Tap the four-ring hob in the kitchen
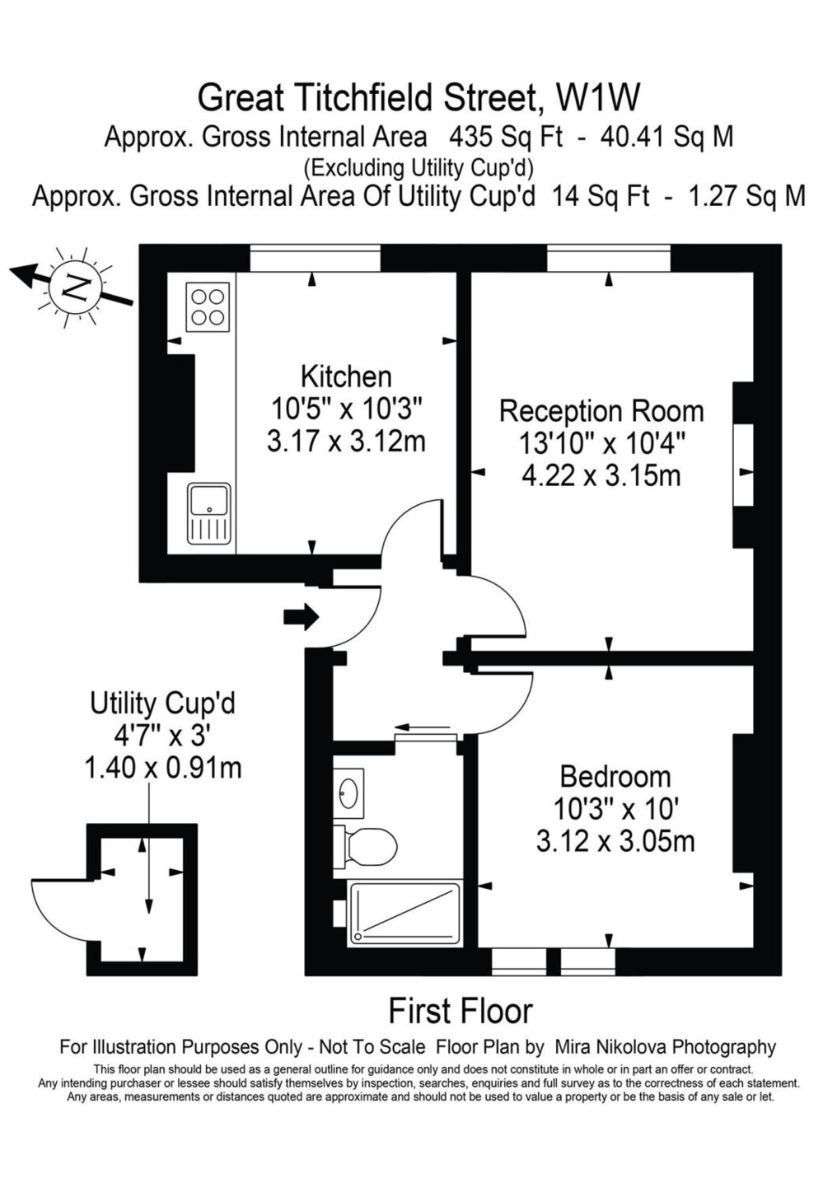[x=208, y=306]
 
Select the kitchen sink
[x=209, y=514]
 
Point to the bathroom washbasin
[x=349, y=793]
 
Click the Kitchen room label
[x=346, y=376]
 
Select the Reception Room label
[x=601, y=411]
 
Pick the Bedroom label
[x=616, y=777]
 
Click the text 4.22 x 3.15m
[x=601, y=476]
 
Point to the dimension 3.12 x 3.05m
[x=616, y=842]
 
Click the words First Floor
[x=460, y=1011]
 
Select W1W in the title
[x=597, y=98]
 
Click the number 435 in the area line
[x=470, y=137]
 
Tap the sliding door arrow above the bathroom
[x=423, y=727]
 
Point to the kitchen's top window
[x=315, y=258]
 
